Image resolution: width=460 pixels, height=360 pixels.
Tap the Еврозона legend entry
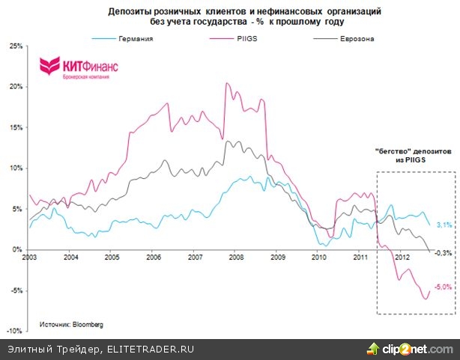(x=352, y=37)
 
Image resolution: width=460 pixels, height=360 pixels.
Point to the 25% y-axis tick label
(x=13, y=46)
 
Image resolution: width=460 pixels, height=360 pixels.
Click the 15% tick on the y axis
(x=13, y=127)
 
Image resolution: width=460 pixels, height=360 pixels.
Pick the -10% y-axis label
(x=12, y=330)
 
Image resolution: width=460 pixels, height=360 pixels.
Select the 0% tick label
(x=16, y=249)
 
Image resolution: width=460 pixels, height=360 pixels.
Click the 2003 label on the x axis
(x=29, y=257)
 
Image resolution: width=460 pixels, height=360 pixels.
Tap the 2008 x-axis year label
(x=237, y=257)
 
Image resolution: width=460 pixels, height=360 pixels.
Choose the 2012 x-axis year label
(x=402, y=257)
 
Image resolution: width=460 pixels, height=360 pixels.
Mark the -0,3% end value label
(x=444, y=252)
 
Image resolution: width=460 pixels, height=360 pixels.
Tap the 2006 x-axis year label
(x=154, y=257)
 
